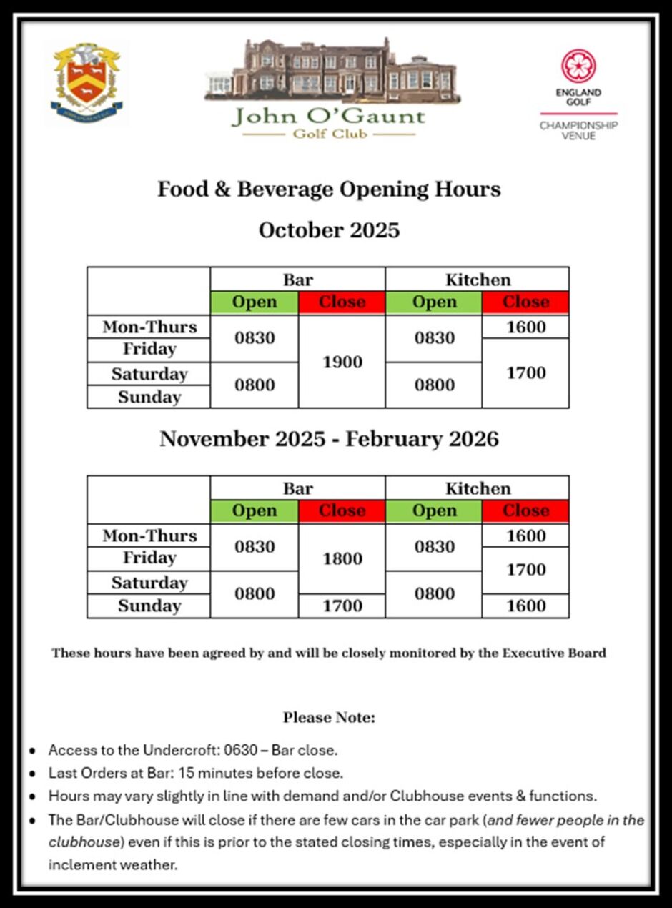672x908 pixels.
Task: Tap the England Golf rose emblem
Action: tap(578, 66)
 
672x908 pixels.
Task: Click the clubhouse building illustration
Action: tap(332, 72)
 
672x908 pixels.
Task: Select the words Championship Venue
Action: tap(578, 130)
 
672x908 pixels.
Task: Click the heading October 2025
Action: tap(329, 230)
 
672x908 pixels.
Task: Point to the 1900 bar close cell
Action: tap(342, 362)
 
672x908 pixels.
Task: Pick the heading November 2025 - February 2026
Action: tap(329, 438)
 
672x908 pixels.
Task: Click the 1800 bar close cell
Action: tap(342, 558)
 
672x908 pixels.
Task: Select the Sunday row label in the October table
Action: tap(149, 397)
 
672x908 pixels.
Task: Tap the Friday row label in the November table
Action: tap(149, 558)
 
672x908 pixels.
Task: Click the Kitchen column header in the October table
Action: tap(478, 280)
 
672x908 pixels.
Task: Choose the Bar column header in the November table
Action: tap(297, 488)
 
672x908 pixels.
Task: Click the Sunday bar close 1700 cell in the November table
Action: tap(342, 606)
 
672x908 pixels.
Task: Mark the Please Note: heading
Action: tap(329, 717)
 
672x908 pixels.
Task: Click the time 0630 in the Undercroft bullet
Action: tap(240, 751)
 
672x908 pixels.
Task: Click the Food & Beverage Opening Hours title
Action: tap(329, 189)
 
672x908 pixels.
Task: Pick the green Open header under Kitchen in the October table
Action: tap(434, 302)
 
